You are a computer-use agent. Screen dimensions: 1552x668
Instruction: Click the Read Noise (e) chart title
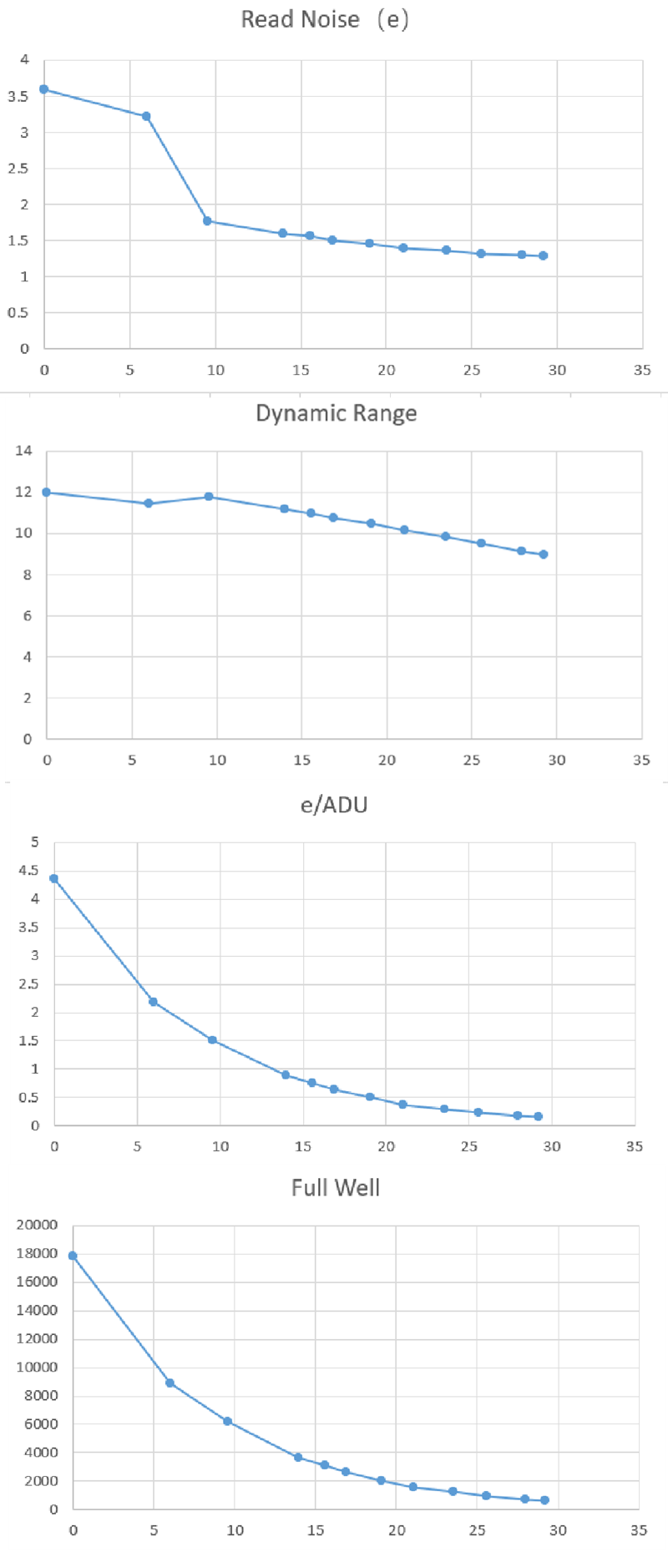click(x=325, y=19)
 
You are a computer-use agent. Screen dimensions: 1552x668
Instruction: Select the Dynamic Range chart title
click(x=336, y=413)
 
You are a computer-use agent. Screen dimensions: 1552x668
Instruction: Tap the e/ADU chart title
click(x=334, y=805)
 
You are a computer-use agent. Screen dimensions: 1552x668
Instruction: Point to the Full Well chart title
click(x=335, y=1187)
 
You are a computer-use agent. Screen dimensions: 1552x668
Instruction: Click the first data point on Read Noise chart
click(x=44, y=89)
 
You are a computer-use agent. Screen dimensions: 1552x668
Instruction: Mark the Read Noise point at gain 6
click(x=146, y=116)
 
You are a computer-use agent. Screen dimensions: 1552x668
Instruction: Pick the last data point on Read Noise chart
click(x=544, y=255)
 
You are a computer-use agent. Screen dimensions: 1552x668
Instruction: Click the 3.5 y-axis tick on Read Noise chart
click(x=18, y=96)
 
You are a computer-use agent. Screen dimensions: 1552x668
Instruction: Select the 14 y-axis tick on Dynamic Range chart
click(x=23, y=451)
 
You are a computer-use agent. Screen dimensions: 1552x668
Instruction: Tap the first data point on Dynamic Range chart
click(x=47, y=493)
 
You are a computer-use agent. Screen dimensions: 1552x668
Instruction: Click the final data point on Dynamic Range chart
click(x=544, y=554)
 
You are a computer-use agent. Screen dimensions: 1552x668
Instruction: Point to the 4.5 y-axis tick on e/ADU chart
click(x=28, y=871)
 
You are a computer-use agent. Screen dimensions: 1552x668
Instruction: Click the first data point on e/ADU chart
click(x=54, y=878)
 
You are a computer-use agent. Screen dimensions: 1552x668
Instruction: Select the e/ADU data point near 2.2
click(x=154, y=1002)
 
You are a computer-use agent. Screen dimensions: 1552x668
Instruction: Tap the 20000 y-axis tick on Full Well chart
click(x=37, y=1225)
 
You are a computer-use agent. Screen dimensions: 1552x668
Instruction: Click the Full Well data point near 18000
click(x=73, y=1256)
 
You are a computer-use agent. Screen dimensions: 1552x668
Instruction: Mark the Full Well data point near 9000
click(x=170, y=1383)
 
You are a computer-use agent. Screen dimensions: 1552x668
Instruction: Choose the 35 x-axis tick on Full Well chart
click(x=639, y=1530)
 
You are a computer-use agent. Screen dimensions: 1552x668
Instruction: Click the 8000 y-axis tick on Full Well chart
click(x=41, y=1395)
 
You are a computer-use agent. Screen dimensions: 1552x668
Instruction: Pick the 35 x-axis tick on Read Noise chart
click(x=641, y=370)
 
